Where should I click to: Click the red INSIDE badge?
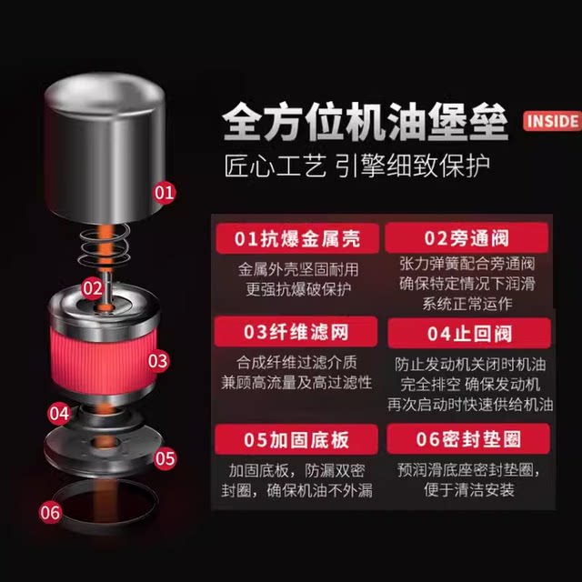(551, 120)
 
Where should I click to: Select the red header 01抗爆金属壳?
(296, 239)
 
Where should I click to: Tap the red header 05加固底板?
(296, 440)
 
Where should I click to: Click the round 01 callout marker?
(164, 192)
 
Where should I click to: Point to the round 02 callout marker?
(92, 287)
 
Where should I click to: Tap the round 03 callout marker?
(157, 361)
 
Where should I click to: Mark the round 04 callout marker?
(59, 413)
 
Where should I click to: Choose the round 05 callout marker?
(164, 457)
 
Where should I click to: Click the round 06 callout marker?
(50, 513)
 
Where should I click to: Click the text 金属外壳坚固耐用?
(296, 270)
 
